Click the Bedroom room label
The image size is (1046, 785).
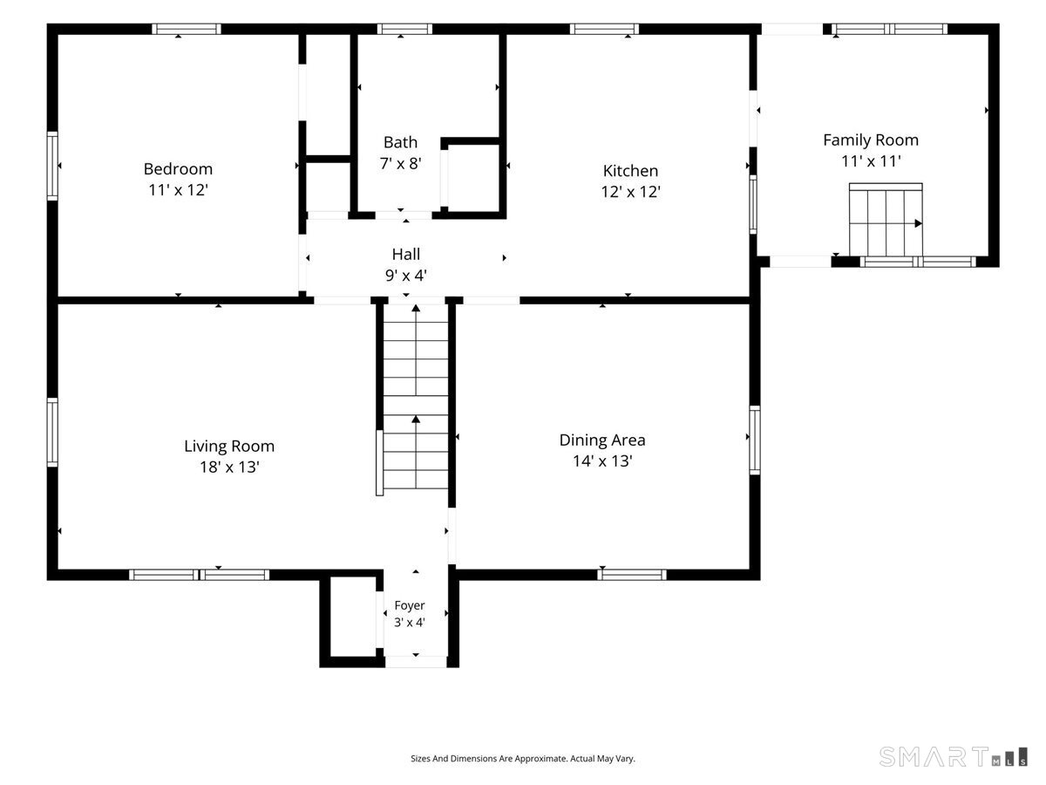point(178,168)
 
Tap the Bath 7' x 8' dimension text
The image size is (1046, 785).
point(400,163)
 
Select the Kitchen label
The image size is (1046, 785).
point(630,171)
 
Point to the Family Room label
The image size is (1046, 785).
point(870,140)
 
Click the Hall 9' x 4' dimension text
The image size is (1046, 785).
point(405,275)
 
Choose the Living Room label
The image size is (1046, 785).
point(228,446)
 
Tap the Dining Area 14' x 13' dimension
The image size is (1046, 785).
point(601,461)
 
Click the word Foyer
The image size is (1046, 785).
point(410,605)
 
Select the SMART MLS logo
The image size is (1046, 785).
point(953,756)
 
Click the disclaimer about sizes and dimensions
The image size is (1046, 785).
point(523,758)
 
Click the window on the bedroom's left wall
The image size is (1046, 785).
point(52,166)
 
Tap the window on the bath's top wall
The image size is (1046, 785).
point(404,29)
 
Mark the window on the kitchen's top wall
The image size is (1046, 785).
point(604,29)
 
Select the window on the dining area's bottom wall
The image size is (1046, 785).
point(631,575)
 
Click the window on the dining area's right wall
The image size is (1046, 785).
point(754,440)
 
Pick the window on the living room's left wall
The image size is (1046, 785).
point(52,433)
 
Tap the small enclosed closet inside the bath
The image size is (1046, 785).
point(473,176)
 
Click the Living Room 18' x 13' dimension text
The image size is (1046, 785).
point(229,467)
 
